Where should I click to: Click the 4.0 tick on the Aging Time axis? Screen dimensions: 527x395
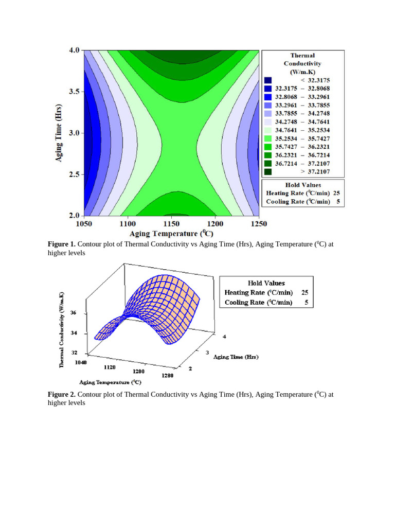[74, 50]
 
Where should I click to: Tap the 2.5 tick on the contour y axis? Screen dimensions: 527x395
[74, 174]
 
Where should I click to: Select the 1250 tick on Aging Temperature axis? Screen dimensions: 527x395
[259, 224]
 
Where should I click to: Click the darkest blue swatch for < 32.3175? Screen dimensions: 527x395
[267, 80]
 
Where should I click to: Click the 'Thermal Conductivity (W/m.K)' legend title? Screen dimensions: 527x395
[302, 63]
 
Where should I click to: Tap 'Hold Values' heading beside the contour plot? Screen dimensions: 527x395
[303, 185]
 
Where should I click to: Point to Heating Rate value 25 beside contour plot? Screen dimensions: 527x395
[336, 193]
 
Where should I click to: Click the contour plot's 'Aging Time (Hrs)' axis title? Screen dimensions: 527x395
[59, 133]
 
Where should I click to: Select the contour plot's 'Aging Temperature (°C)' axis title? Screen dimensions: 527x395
[174, 233]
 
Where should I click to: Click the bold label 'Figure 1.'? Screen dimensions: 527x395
[62, 244]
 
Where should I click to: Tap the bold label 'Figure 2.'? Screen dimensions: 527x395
[62, 395]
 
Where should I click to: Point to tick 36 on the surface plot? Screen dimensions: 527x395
[74, 313]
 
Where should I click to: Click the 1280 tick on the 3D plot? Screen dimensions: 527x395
[167, 375]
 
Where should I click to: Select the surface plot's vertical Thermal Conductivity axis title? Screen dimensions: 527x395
[62, 329]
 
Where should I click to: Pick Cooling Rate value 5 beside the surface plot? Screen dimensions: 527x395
[306, 303]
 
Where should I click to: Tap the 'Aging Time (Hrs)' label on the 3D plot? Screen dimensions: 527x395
[236, 357]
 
